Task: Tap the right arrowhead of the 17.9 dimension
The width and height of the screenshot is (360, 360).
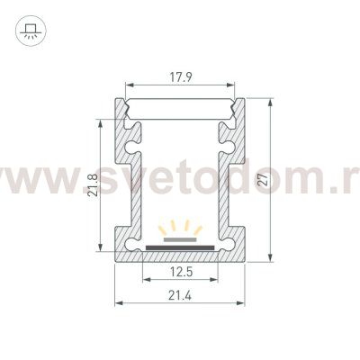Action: [x=239, y=86]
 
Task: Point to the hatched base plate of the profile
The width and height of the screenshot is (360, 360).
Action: [x=181, y=253]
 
